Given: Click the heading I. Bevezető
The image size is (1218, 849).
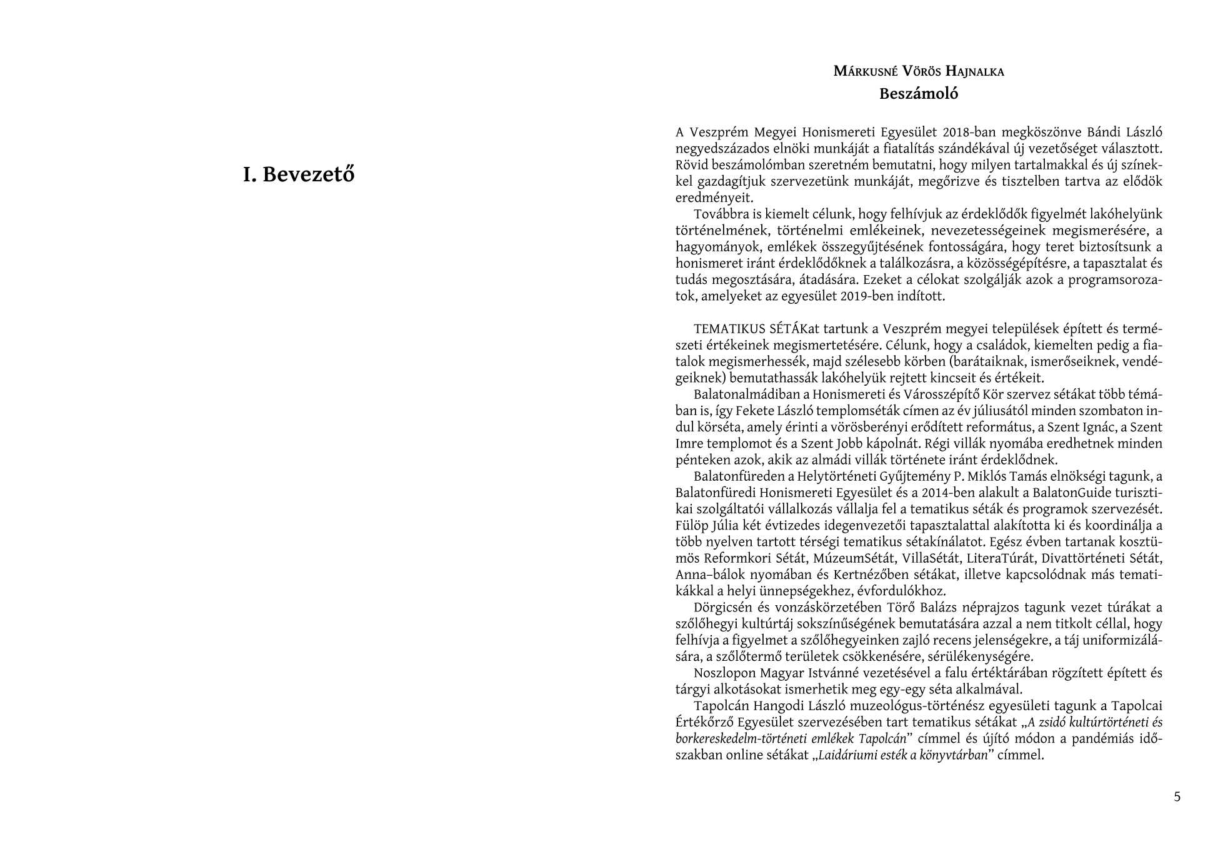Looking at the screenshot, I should pyautogui.click(x=299, y=174).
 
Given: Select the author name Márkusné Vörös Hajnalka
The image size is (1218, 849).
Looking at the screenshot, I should pyautogui.click(x=919, y=71).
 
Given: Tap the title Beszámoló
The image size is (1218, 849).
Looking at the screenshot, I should pyautogui.click(x=918, y=94).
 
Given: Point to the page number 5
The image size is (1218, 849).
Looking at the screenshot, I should pyautogui.click(x=1177, y=796).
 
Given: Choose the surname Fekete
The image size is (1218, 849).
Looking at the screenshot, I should pyautogui.click(x=754, y=411).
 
